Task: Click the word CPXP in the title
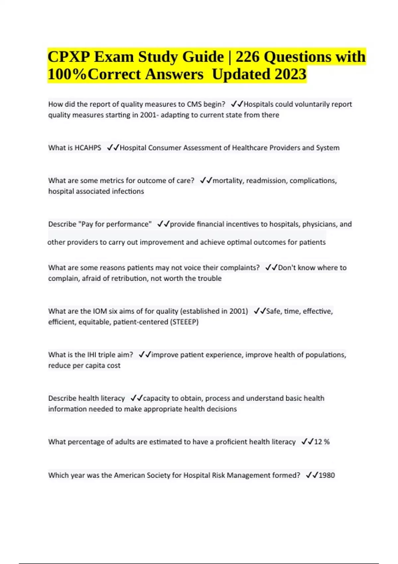68,57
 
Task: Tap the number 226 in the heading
247,57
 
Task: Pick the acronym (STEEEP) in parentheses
184,322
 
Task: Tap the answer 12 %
322,442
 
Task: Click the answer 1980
326,475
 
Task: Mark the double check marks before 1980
312,475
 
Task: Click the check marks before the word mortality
206,181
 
